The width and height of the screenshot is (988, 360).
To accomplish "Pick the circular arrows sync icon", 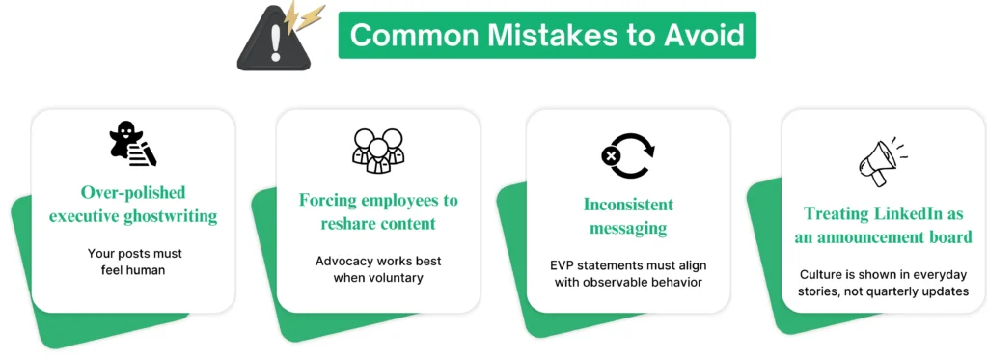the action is [627, 154].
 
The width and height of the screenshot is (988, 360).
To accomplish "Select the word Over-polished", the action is [133, 191].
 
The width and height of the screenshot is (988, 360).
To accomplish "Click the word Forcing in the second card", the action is [324, 201].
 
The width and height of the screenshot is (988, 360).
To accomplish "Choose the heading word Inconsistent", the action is [628, 205].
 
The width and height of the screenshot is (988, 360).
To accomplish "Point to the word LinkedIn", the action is [907, 213].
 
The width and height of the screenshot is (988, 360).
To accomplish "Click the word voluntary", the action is [394, 277].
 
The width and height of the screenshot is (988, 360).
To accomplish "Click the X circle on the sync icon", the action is [610, 155].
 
